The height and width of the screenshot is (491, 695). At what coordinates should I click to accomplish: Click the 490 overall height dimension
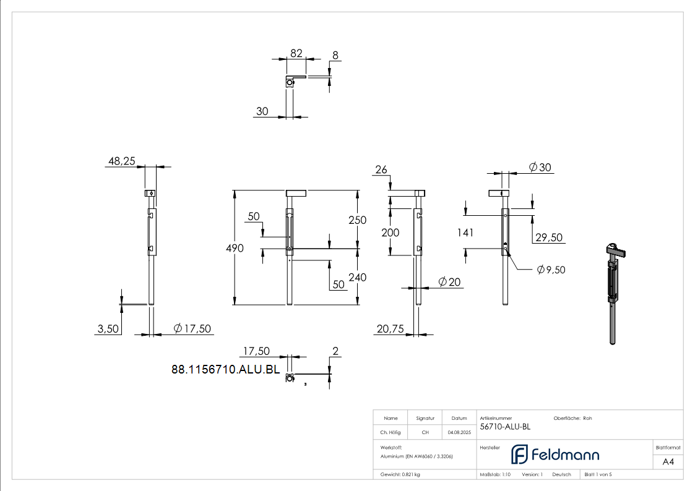235,248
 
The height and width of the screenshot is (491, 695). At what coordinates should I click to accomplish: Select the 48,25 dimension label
121,161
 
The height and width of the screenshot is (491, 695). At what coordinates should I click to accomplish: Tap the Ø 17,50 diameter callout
192,328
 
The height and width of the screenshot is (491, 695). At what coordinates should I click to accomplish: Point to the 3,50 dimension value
108,329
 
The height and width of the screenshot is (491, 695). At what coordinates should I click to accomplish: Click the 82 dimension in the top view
296,54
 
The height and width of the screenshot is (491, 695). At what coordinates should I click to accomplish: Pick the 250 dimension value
357,220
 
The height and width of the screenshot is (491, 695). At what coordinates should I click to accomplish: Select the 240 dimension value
357,277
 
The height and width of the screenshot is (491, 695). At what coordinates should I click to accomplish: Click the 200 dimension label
390,233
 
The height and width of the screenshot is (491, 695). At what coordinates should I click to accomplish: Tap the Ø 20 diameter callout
449,282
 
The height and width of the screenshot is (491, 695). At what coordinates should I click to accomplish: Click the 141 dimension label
465,233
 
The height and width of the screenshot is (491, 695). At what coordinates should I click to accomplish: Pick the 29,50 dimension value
548,237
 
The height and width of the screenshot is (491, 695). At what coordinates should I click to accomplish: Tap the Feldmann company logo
555,455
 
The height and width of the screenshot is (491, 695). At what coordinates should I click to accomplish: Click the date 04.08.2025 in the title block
459,432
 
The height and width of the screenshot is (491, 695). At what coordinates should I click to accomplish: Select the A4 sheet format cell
668,461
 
